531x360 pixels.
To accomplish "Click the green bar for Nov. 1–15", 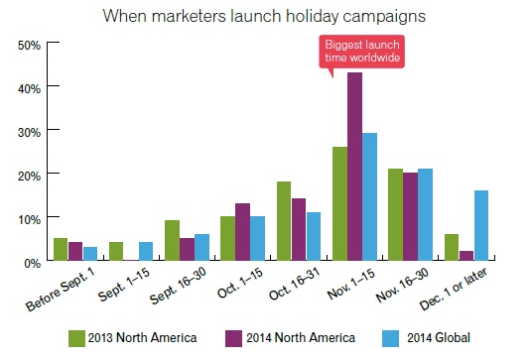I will point(339,203).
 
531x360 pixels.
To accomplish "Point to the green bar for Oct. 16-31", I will point(283,220).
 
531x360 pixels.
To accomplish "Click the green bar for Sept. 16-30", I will point(172,240).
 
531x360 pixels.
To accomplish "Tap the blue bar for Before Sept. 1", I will point(90,253).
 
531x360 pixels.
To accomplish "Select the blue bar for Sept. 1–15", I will point(146,251).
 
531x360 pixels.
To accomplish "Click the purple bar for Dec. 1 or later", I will point(466,256).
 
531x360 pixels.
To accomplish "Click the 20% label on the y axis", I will point(30,175).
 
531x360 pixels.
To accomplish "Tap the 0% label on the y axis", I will point(33,261).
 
